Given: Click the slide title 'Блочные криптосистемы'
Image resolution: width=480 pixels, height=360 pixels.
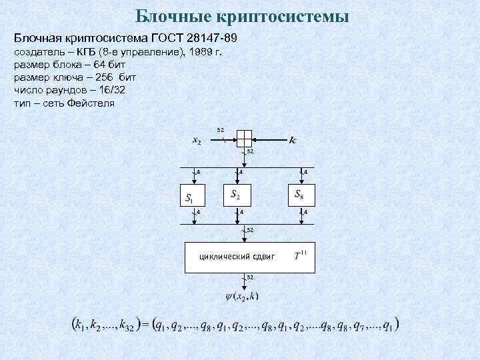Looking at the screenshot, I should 241,15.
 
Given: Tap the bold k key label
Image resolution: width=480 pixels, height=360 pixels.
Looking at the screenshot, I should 293,140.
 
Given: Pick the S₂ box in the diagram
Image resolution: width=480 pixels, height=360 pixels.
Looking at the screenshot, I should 236,195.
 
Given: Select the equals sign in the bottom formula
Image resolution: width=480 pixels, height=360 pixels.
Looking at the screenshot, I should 142,326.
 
